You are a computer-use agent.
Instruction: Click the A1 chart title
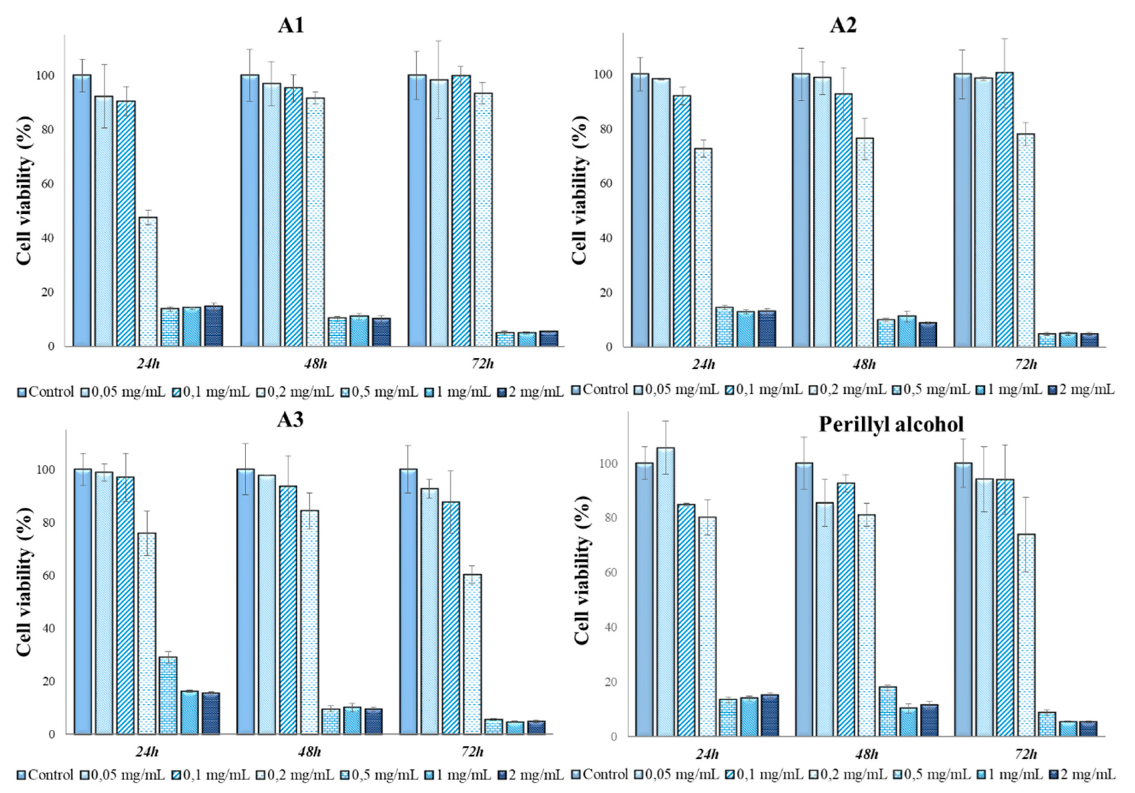pyautogui.click(x=291, y=25)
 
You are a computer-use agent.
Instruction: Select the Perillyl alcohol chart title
pyautogui.click(x=891, y=424)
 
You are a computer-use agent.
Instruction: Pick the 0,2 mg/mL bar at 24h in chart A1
pyautogui.click(x=148, y=282)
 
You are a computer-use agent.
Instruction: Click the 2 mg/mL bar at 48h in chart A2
pyautogui.click(x=928, y=334)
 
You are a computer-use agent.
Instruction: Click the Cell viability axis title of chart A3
pyautogui.click(x=24, y=581)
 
